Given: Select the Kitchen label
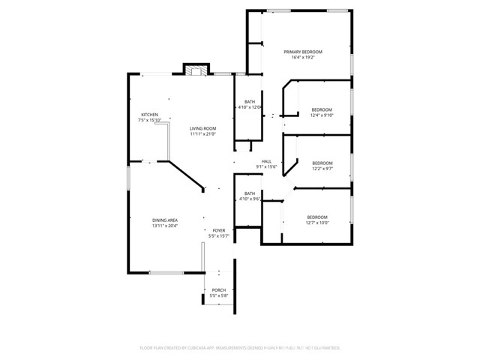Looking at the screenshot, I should coord(149,115).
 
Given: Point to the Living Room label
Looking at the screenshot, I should coord(202,128).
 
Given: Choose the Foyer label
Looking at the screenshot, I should coord(218,230).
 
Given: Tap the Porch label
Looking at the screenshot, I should coord(218,290).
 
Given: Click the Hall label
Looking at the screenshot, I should coord(266,161).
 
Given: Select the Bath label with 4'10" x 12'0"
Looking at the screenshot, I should coord(249,102).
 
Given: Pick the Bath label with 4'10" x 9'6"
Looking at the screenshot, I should coord(249,193).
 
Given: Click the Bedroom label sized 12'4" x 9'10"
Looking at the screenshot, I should coord(322,109).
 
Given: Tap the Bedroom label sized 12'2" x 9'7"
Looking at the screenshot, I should coord(322,163).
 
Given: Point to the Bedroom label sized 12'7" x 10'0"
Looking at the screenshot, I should coord(317,217).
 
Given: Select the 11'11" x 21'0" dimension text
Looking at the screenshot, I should coord(202,134).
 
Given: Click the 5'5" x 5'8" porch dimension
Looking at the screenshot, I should coord(218,296).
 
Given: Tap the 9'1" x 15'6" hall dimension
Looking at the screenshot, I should coord(266,167).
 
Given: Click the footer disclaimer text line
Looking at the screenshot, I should coord(240,348).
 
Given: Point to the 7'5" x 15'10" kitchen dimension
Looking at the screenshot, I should coord(149,121).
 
